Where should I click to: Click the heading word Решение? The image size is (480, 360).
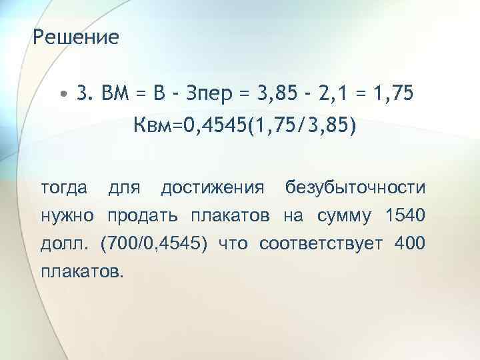tap(75, 37)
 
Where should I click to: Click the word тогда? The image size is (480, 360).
tap(64, 187)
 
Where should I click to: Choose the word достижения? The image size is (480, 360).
tap(212, 187)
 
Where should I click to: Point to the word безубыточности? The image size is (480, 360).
tap(355, 187)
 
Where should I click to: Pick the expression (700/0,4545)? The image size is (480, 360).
tap(154, 243)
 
